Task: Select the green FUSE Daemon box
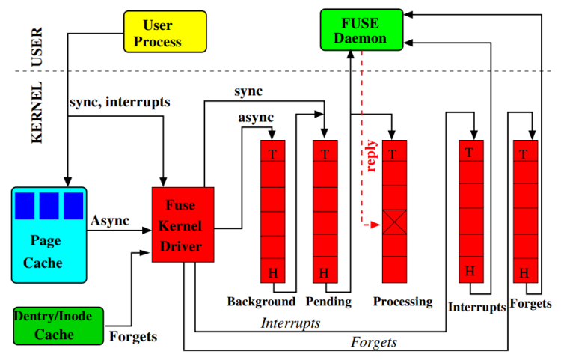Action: [x=361, y=31]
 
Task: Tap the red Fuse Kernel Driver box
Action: [x=183, y=225]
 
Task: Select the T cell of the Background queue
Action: [x=272, y=153]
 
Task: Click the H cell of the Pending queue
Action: [x=324, y=272]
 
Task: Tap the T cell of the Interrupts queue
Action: [x=470, y=153]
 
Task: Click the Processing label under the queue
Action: [x=403, y=302]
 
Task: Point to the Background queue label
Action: [x=261, y=302]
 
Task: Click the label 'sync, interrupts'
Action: [x=120, y=101]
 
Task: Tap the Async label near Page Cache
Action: [x=109, y=221]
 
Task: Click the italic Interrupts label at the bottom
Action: [x=290, y=323]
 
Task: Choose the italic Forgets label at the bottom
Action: [x=374, y=342]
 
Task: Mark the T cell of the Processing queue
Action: [x=394, y=153]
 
